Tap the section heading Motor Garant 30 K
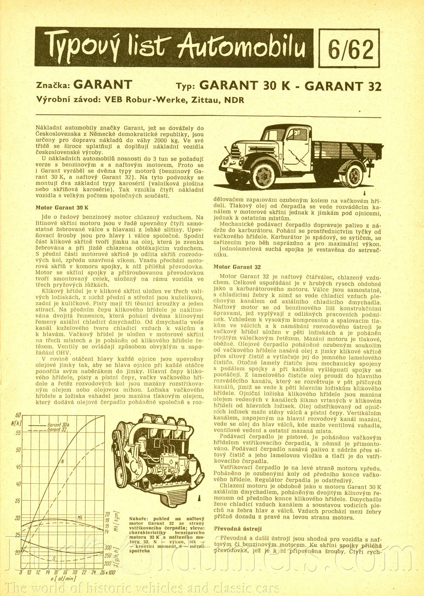click(x=62, y=208)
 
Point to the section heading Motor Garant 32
click(x=237, y=267)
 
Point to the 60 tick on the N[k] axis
click(x=18, y=415)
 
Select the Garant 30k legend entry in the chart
click(x=58, y=424)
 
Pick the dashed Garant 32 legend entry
click(x=58, y=430)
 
